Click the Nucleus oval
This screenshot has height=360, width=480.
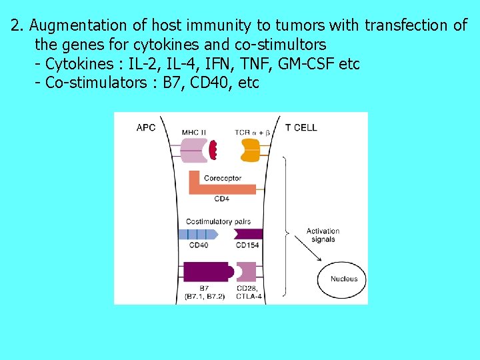(x=343, y=279)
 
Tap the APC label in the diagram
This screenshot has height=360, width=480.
(x=146, y=127)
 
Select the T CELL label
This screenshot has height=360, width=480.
(x=301, y=127)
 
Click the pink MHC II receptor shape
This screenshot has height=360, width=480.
(x=194, y=149)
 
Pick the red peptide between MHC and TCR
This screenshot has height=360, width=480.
(x=213, y=149)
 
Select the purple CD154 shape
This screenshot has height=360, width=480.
(x=249, y=234)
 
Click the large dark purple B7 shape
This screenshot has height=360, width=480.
(x=207, y=272)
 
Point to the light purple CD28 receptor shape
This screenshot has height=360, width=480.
(x=247, y=272)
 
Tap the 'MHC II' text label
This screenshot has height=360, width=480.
(x=195, y=132)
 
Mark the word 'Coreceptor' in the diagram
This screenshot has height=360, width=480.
(x=223, y=178)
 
